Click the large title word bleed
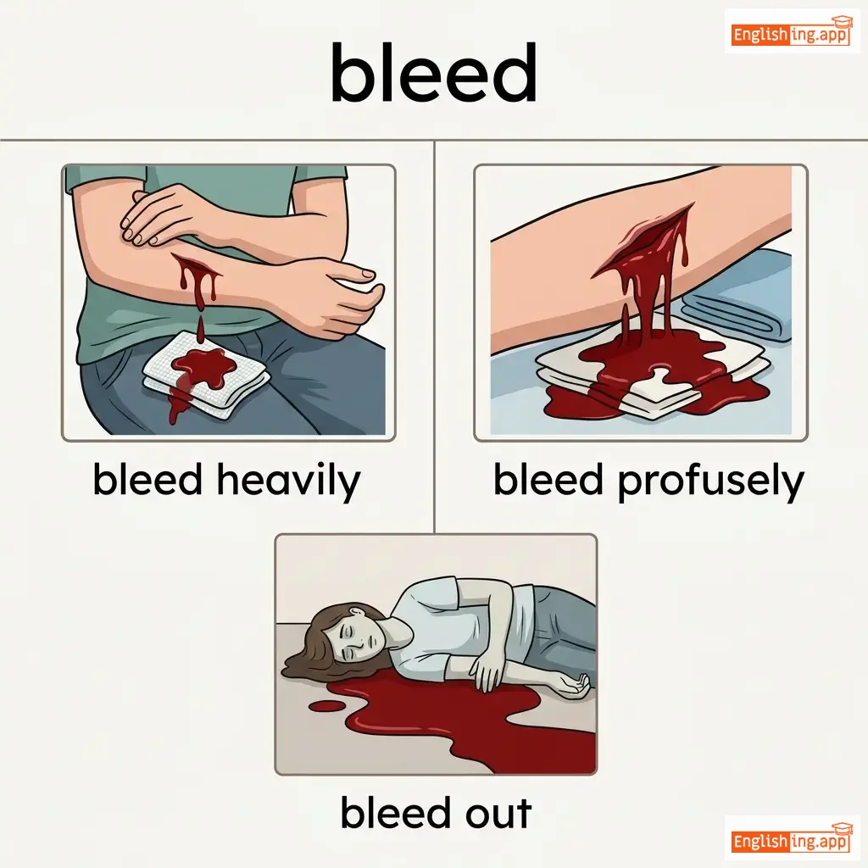pyautogui.click(x=434, y=73)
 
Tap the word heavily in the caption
pyautogui.click(x=288, y=481)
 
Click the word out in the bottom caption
pyautogui.click(x=498, y=812)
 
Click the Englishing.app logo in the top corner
pyautogui.click(x=790, y=32)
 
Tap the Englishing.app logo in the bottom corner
pyautogui.click(x=790, y=839)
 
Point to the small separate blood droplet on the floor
pyautogui.click(x=325, y=706)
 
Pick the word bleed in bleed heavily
pyautogui.click(x=147, y=480)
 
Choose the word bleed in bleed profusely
pyautogui.click(x=548, y=480)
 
